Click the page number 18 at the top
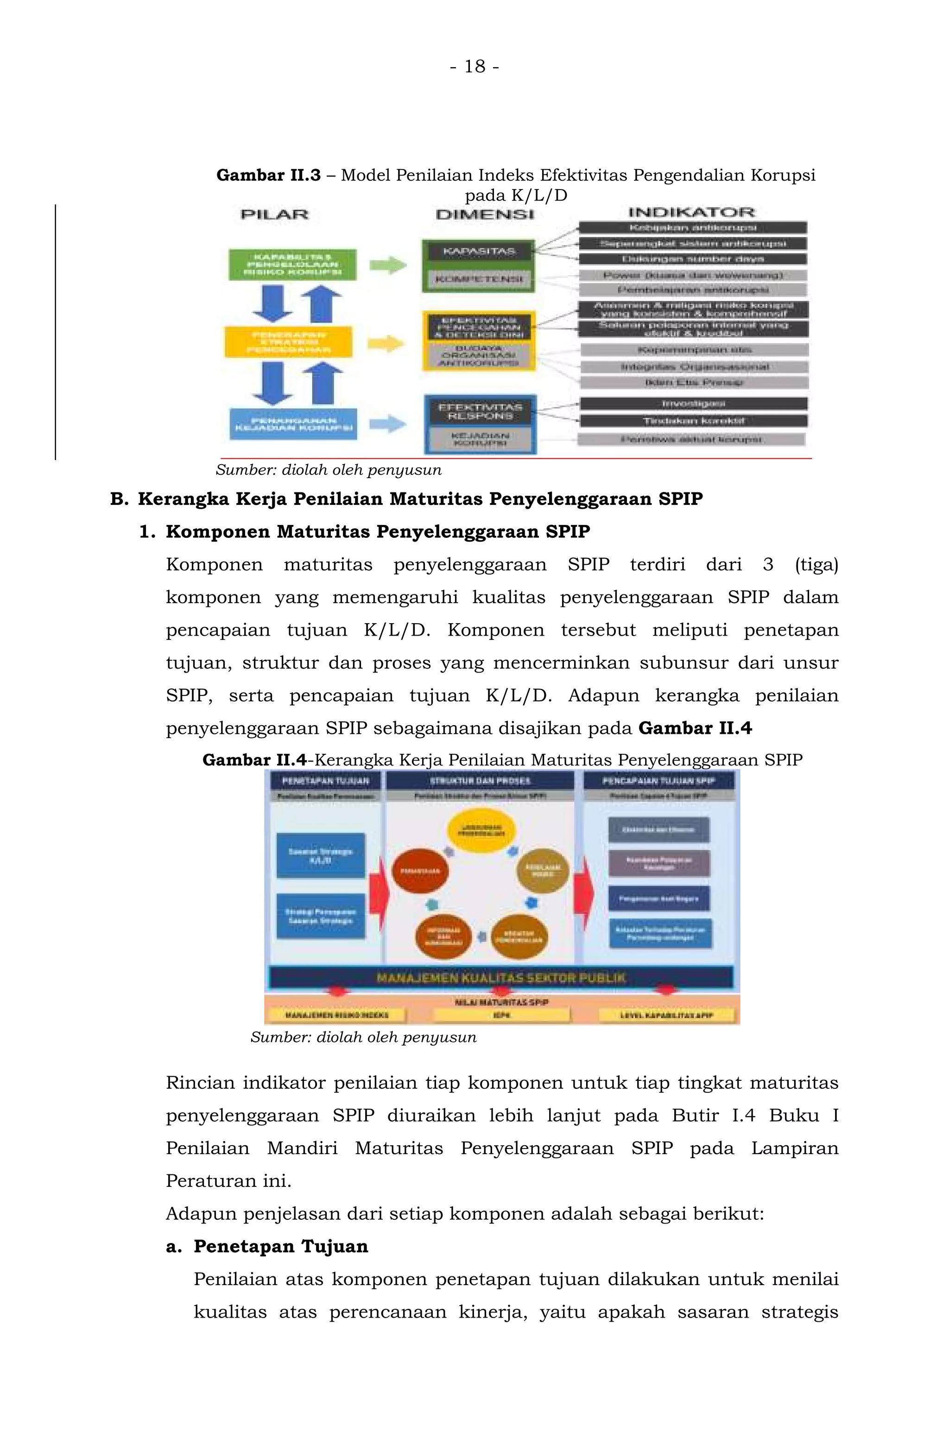(474, 66)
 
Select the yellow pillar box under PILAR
(288, 342)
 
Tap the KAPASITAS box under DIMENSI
(478, 251)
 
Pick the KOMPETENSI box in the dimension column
(478, 279)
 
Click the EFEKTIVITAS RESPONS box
(480, 411)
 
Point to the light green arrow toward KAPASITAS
(388, 265)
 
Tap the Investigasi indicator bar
(694, 404)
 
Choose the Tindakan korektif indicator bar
(694, 421)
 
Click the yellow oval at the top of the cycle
(481, 830)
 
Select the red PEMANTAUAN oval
(420, 871)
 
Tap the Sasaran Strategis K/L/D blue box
(320, 855)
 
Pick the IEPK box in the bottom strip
(501, 1015)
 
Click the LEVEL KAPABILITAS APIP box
(667, 1015)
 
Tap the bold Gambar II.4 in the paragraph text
(695, 729)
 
